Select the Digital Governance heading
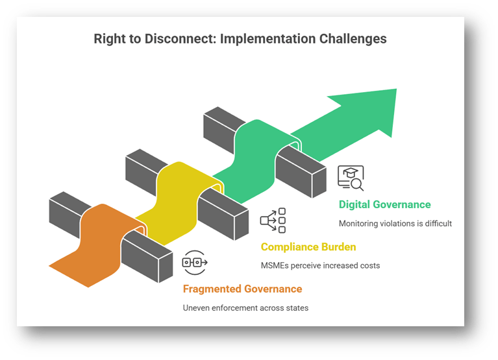pos(384,204)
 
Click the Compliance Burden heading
pos(308,246)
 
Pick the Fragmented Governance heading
pos(242,289)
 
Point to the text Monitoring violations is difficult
pos(395,224)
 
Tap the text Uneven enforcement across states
pos(245,307)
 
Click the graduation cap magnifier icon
pos(351,177)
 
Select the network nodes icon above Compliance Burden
pos(273,221)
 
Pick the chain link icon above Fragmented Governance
pos(195,262)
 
